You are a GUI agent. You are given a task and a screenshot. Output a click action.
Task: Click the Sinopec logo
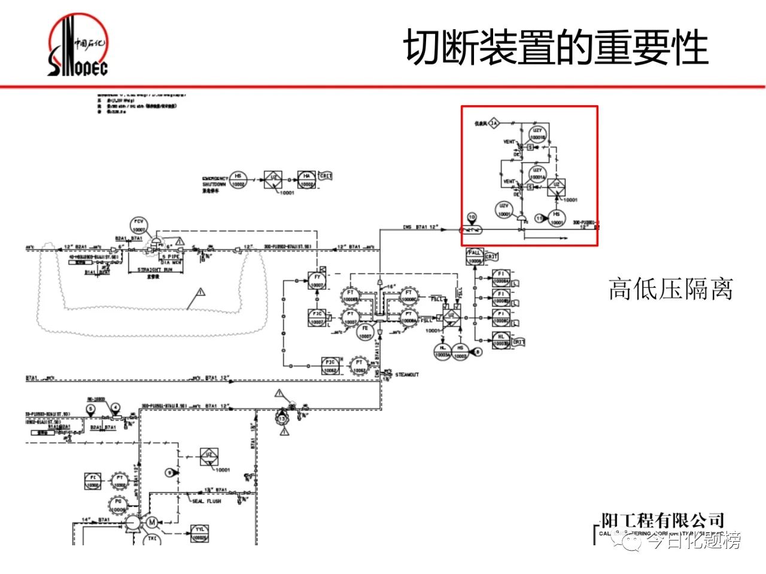tap(78, 47)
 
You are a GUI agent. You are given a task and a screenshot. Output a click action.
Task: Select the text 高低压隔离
tap(670, 289)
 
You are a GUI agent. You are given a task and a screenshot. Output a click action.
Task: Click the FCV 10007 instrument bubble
tap(139, 226)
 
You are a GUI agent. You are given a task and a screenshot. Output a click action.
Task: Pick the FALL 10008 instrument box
tap(475, 257)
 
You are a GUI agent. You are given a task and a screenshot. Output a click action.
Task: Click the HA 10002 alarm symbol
tap(306, 180)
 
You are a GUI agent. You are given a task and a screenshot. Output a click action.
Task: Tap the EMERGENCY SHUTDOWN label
tap(215, 182)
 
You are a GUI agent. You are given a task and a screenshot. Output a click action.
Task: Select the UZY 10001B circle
tap(537, 134)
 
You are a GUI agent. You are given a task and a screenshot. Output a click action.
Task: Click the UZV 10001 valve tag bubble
tap(504, 210)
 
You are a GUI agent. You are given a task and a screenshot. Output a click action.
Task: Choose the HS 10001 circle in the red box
tap(557, 218)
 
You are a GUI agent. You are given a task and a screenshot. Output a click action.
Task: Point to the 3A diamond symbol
tap(494, 124)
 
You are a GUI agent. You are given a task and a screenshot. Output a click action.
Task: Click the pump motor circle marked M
tap(152, 522)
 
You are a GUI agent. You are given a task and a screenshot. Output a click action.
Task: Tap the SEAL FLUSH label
tap(206, 501)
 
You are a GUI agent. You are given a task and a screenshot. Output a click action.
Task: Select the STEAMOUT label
tap(407, 375)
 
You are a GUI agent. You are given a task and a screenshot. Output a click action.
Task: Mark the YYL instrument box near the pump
tap(199, 533)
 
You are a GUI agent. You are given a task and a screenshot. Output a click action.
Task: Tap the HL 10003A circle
tap(443, 352)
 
